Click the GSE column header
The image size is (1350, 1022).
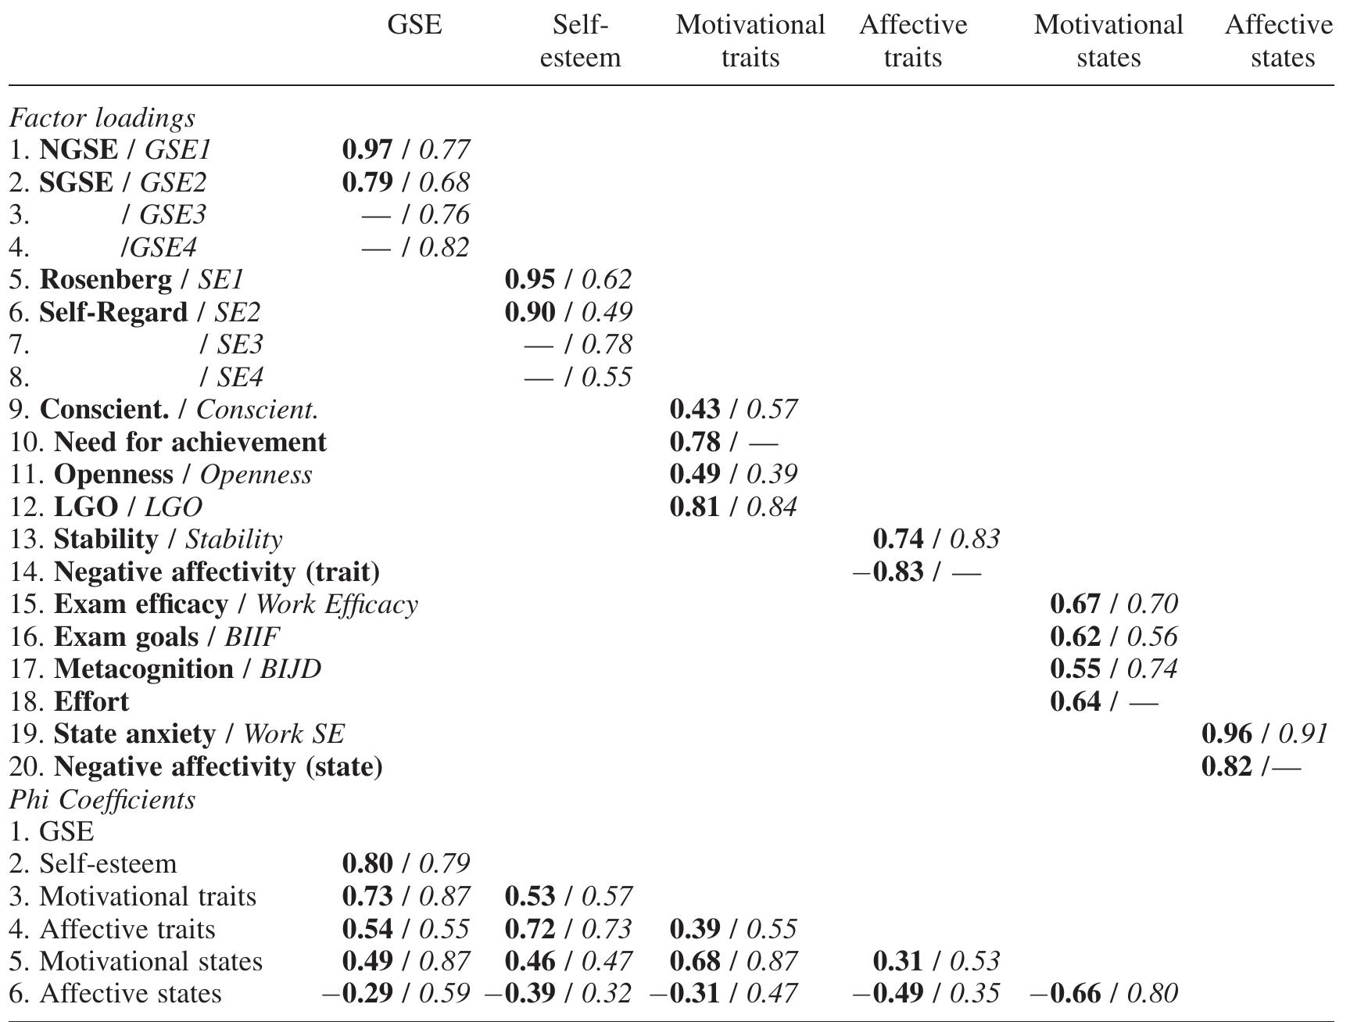pyautogui.click(x=414, y=25)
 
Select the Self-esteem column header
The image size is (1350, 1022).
pyautogui.click(x=580, y=41)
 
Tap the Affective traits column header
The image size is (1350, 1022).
pyautogui.click(x=913, y=41)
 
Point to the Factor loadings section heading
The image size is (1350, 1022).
pyautogui.click(x=102, y=118)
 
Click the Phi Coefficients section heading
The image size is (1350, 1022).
pyautogui.click(x=102, y=799)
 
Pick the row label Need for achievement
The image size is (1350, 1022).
pyautogui.click(x=190, y=442)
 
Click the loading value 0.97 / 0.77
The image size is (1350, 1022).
pyautogui.click(x=406, y=149)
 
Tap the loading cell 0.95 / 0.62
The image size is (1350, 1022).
pyautogui.click(x=568, y=279)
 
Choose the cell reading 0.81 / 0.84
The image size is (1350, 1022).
pyautogui.click(x=733, y=507)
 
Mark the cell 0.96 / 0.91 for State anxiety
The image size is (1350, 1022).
pyautogui.click(x=1264, y=733)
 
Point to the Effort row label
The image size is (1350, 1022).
pyautogui.click(x=91, y=701)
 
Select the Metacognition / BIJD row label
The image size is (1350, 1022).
pyautogui.click(x=188, y=669)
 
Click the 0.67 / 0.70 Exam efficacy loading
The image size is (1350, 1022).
pyautogui.click(x=1114, y=604)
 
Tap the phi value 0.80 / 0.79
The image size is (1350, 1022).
pyautogui.click(x=406, y=863)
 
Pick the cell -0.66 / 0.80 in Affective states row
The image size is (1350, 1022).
pyautogui.click(x=1104, y=993)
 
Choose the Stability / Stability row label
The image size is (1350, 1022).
pyautogui.click(x=167, y=540)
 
